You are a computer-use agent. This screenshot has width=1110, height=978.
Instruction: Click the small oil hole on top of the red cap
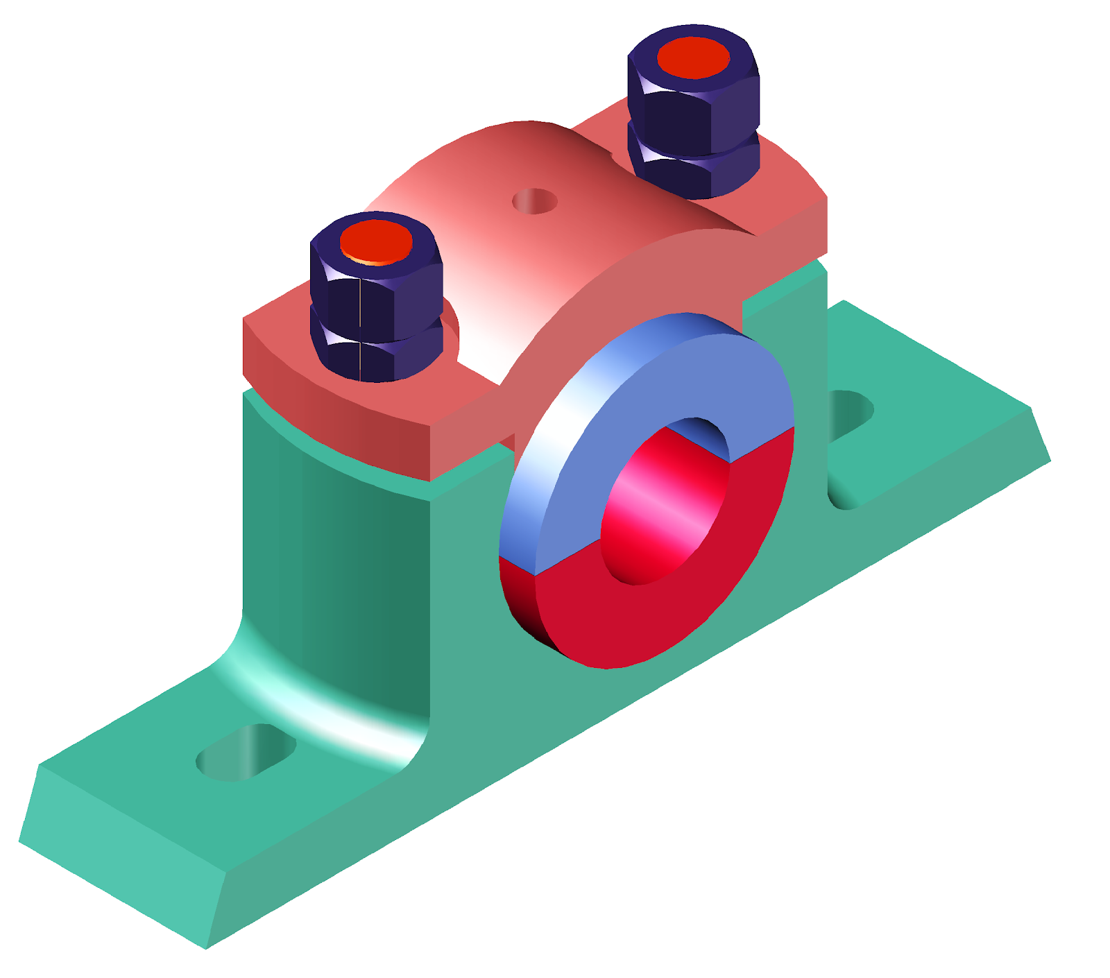tap(534, 201)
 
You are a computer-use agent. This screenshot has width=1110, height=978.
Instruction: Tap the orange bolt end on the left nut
tap(376, 242)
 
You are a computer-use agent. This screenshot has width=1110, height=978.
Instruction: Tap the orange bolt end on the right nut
tap(693, 58)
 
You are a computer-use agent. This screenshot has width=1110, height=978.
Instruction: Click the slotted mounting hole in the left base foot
tap(246, 753)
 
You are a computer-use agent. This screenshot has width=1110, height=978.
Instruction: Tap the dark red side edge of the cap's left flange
tap(333, 409)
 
